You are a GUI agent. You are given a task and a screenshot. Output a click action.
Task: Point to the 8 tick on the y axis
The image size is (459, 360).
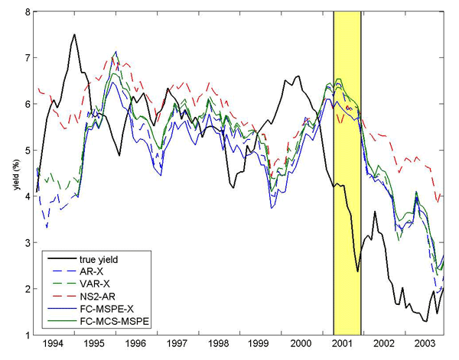[28, 13]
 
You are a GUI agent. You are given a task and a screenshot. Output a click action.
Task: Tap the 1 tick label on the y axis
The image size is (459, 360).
[28, 336]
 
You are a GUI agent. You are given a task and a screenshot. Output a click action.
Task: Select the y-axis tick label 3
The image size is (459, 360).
[28, 243]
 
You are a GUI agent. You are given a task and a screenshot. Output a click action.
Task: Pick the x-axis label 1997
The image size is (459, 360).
[181, 345]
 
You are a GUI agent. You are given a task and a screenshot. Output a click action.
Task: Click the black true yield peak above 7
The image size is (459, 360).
[74, 34]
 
